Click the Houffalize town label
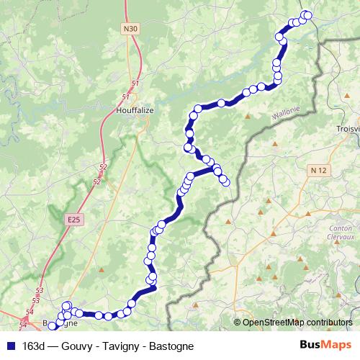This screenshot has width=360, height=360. [x=135, y=111]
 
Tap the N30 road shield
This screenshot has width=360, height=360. [x=130, y=29]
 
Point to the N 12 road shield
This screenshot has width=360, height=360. [x=318, y=170]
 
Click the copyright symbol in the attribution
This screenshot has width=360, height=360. [x=238, y=323]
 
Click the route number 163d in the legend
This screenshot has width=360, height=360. [x=35, y=346]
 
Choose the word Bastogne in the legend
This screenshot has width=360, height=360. [x=171, y=346]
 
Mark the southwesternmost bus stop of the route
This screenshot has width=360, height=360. [x=52, y=326]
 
